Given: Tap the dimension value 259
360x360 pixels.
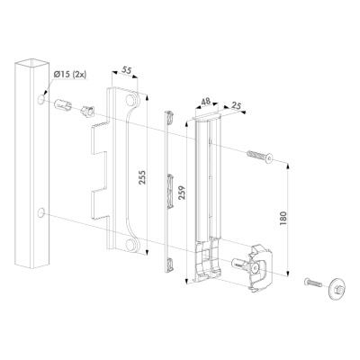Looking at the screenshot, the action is [x=183, y=193].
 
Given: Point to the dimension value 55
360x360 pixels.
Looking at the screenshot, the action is [x=127, y=70].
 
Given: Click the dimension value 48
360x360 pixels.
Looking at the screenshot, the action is [x=205, y=101].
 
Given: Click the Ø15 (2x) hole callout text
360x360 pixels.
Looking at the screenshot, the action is [x=70, y=75].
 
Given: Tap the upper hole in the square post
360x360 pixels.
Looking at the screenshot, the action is [x=41, y=99].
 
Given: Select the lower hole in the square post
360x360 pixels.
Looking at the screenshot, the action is [x=41, y=212].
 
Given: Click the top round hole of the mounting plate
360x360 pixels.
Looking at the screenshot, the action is [x=130, y=100].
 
